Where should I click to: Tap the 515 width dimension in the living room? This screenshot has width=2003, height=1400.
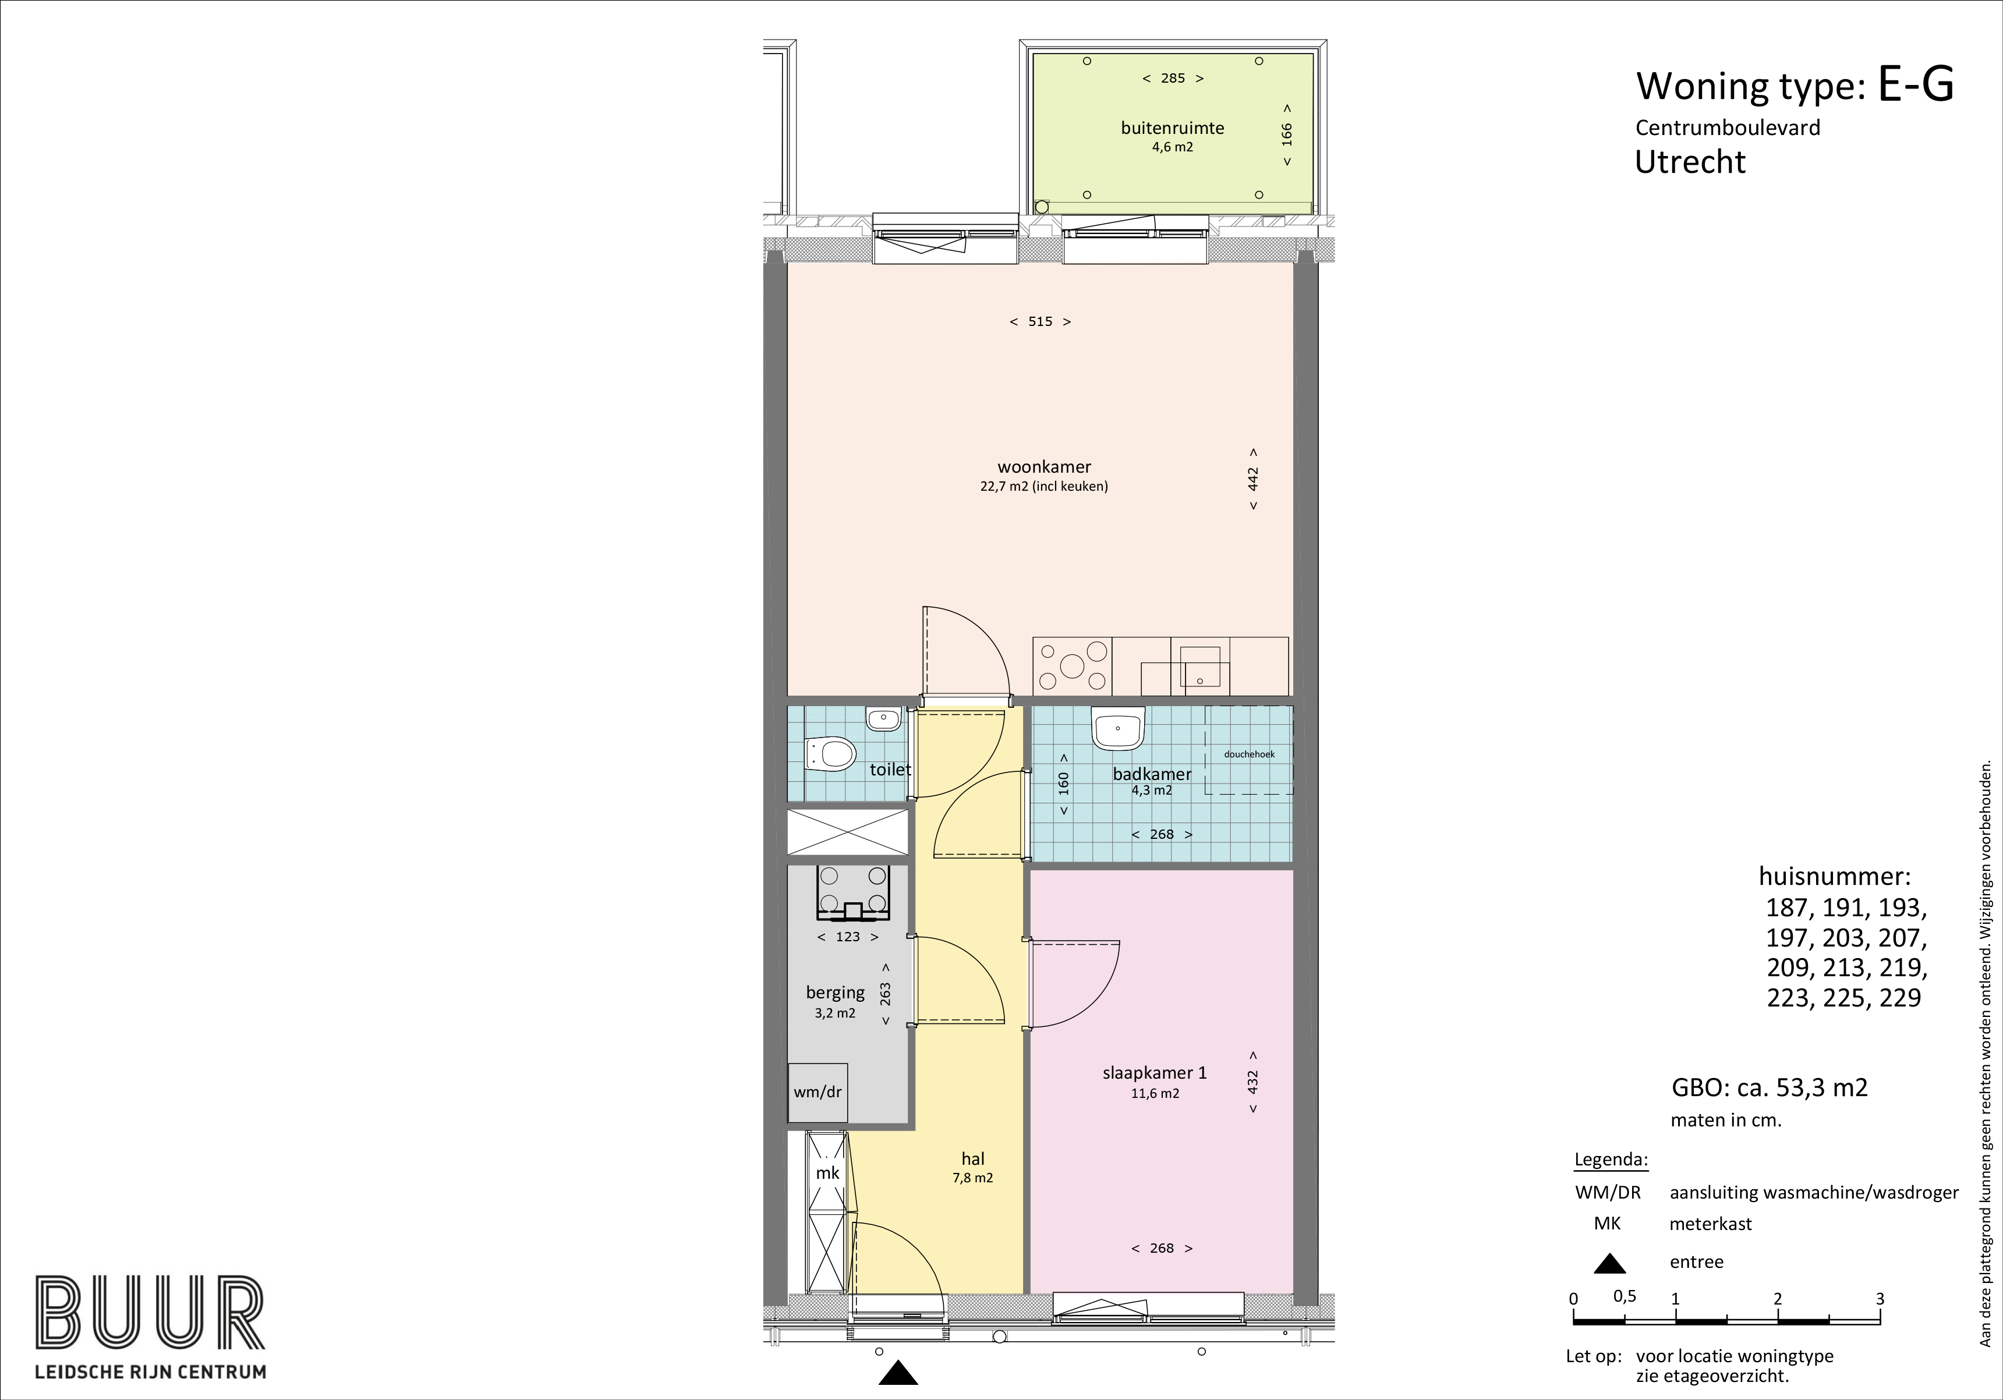click(1040, 322)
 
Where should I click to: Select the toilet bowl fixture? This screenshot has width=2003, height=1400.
click(829, 754)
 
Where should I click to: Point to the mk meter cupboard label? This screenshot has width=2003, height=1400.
click(827, 1173)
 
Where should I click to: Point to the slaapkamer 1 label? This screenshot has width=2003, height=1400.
click(1154, 1073)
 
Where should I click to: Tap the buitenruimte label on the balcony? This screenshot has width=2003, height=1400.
click(1173, 128)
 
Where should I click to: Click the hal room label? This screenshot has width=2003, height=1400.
click(973, 1158)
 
